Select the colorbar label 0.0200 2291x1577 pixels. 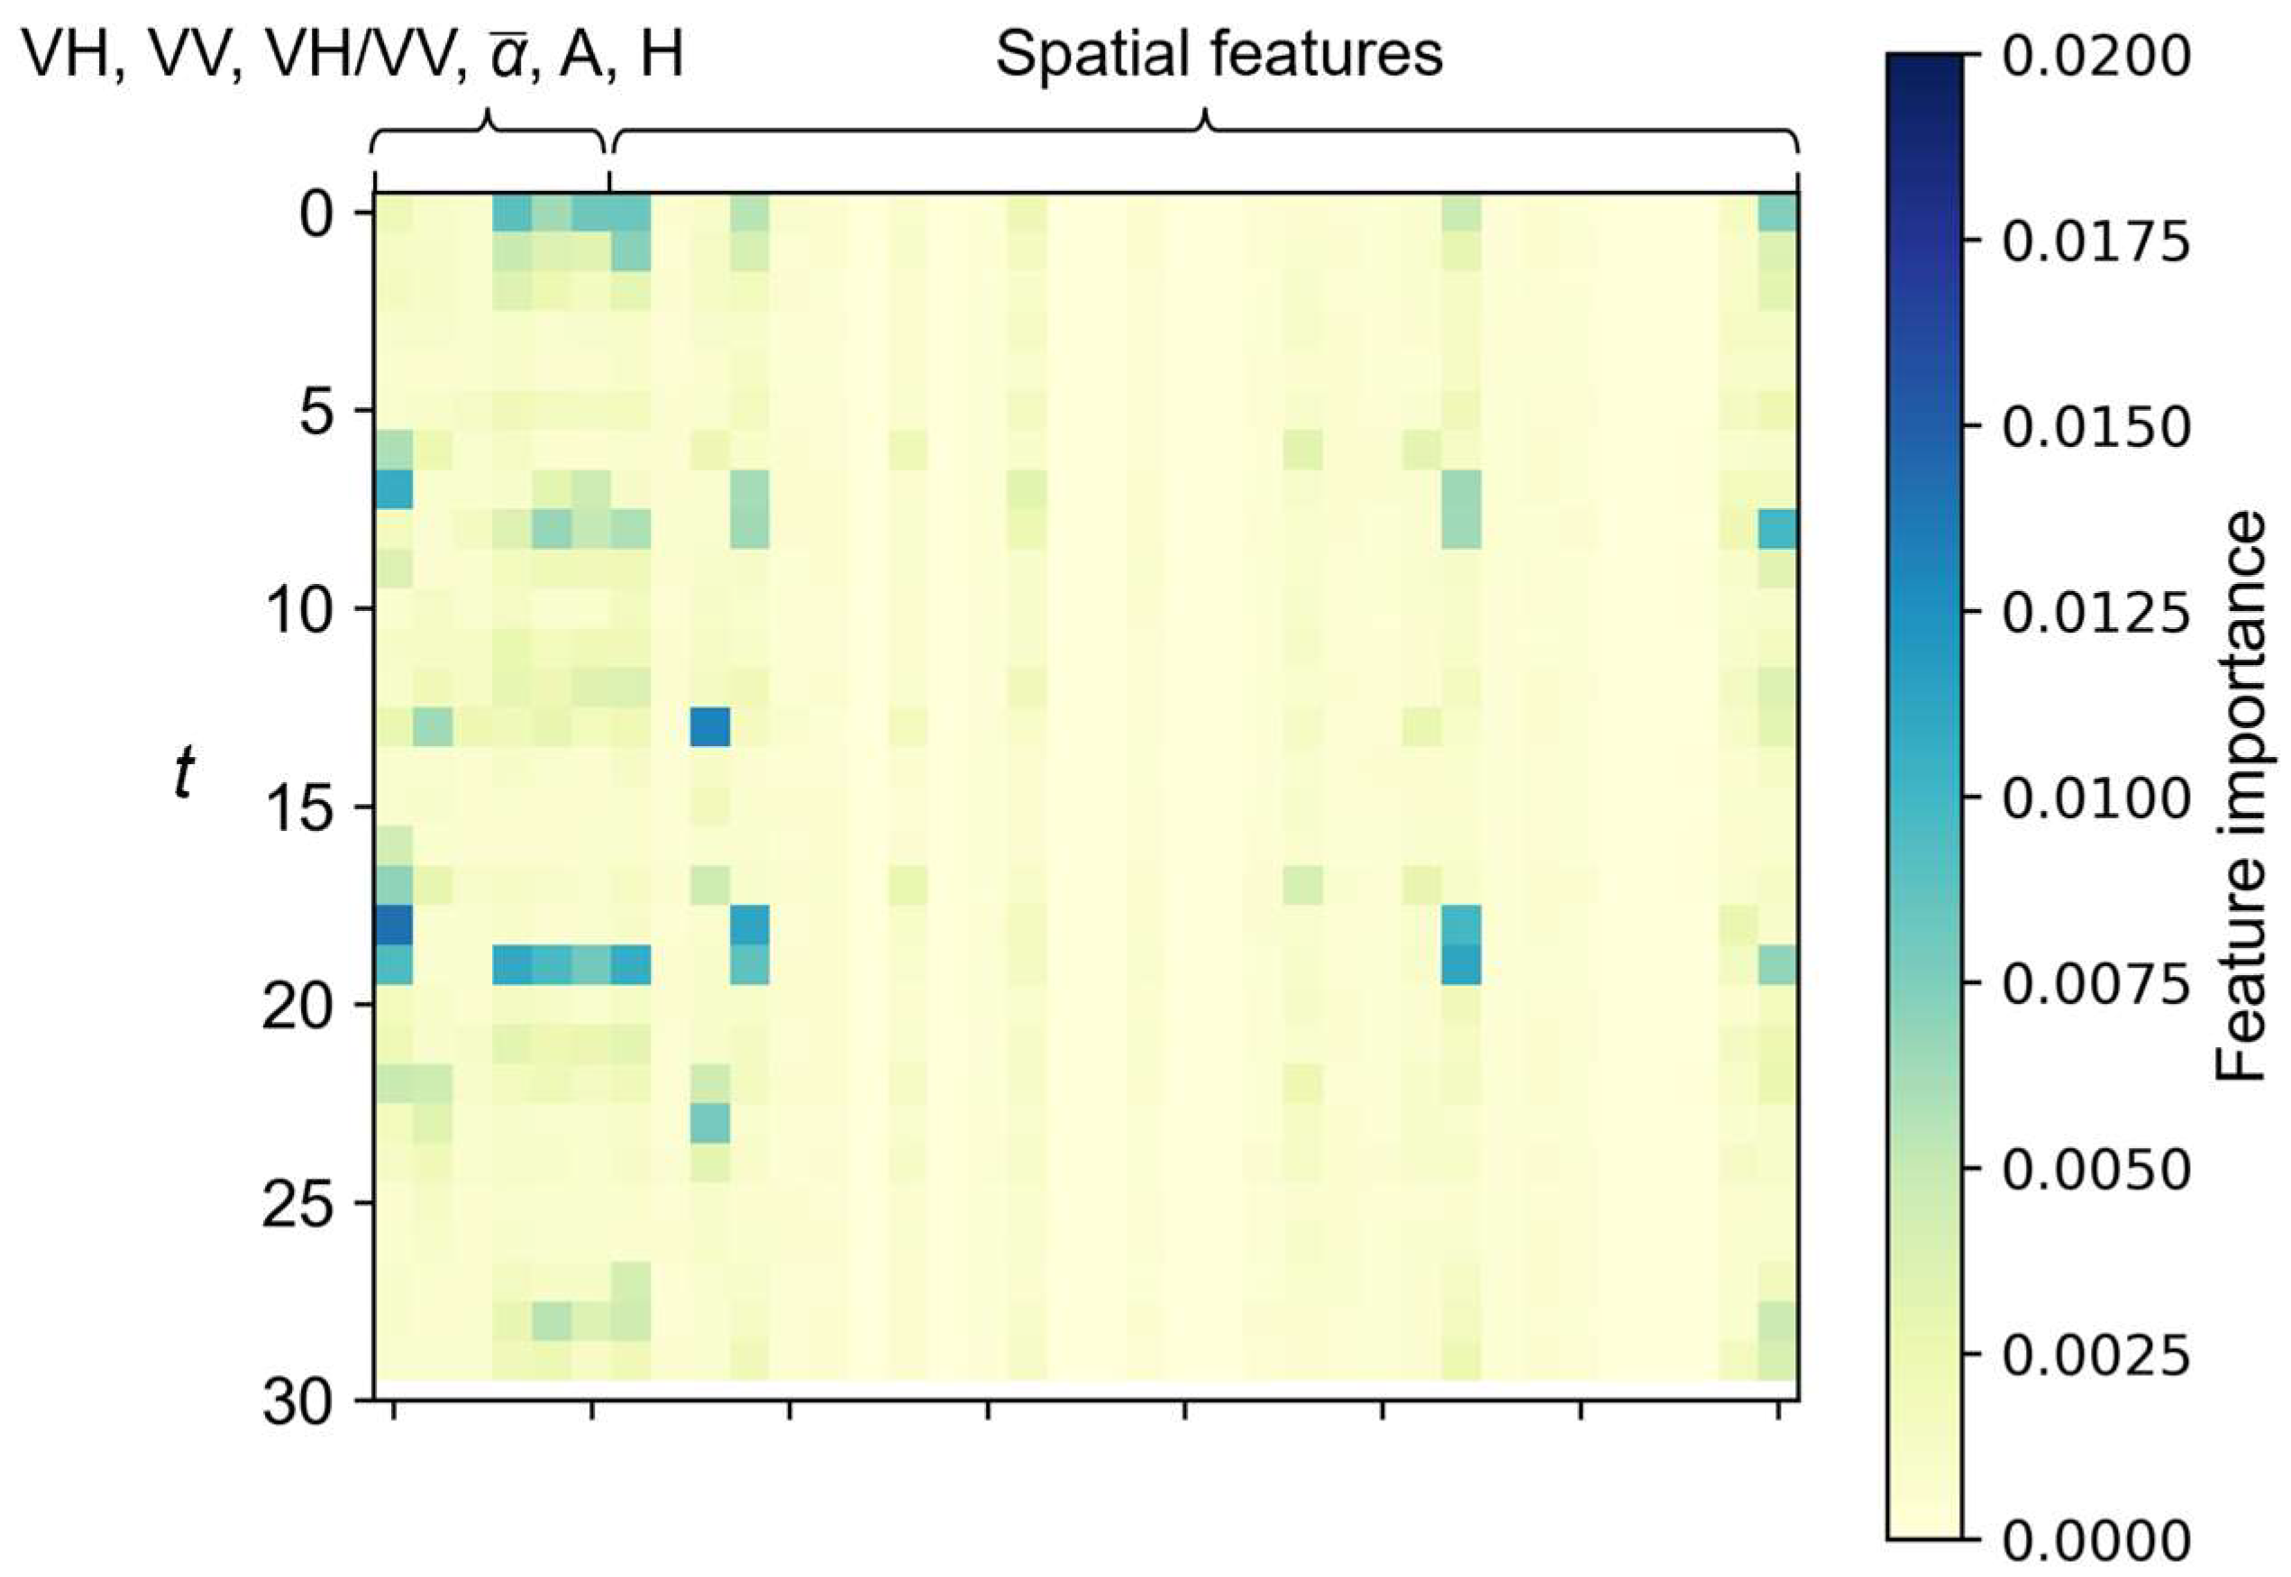pos(2095,58)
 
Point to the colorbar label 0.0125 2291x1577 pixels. pos(2095,613)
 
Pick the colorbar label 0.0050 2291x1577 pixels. pos(2095,1170)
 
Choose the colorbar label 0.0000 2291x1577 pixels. pos(2095,1542)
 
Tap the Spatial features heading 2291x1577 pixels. pos(1219,54)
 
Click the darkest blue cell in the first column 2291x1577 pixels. pos(393,925)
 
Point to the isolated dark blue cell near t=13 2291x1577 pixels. pos(709,727)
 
